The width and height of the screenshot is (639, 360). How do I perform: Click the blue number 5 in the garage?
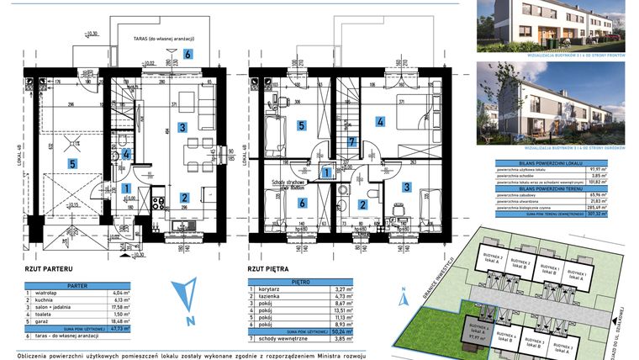coord(72,163)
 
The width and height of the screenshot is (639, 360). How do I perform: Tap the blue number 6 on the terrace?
coord(187,54)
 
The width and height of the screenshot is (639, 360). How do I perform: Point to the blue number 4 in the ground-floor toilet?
coord(126,154)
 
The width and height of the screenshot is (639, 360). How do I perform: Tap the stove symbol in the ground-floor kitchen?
coord(157,202)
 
